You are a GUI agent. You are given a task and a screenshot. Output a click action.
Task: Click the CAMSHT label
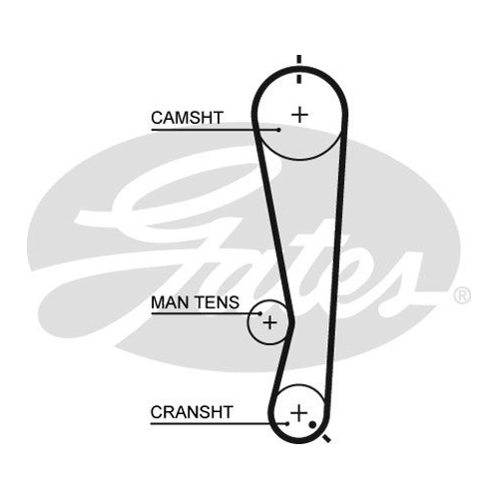click(x=187, y=118)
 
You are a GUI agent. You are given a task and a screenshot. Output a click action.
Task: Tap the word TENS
click(x=217, y=302)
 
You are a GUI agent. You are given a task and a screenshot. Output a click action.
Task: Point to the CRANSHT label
click(x=192, y=412)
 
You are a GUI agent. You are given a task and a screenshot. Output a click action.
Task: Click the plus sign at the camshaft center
click(x=299, y=115)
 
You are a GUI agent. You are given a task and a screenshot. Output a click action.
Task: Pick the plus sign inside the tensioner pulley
click(x=269, y=322)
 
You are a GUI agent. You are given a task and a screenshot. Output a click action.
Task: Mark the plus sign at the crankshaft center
click(x=299, y=413)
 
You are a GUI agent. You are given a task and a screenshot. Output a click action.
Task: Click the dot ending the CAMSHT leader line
click(x=278, y=130)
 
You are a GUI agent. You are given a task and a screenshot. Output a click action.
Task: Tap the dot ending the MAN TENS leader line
click(x=260, y=313)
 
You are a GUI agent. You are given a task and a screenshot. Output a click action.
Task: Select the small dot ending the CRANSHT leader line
click(x=286, y=424)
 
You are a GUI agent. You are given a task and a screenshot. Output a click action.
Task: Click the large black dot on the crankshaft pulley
click(x=312, y=424)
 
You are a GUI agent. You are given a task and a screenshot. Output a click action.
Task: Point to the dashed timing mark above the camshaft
click(x=299, y=69)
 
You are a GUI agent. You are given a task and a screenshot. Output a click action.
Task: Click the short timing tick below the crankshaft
click(x=326, y=438)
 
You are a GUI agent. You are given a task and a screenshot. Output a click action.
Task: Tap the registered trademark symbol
click(x=462, y=295)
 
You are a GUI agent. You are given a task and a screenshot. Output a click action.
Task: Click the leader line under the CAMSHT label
click(x=215, y=130)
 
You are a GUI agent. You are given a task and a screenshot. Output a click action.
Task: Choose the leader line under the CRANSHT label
click(x=219, y=424)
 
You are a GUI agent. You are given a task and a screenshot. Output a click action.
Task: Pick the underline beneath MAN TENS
click(x=206, y=313)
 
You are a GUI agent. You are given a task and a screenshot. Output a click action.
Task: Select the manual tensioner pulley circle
click(x=248, y=322)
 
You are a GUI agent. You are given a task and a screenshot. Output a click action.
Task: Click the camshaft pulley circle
click(x=299, y=159)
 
